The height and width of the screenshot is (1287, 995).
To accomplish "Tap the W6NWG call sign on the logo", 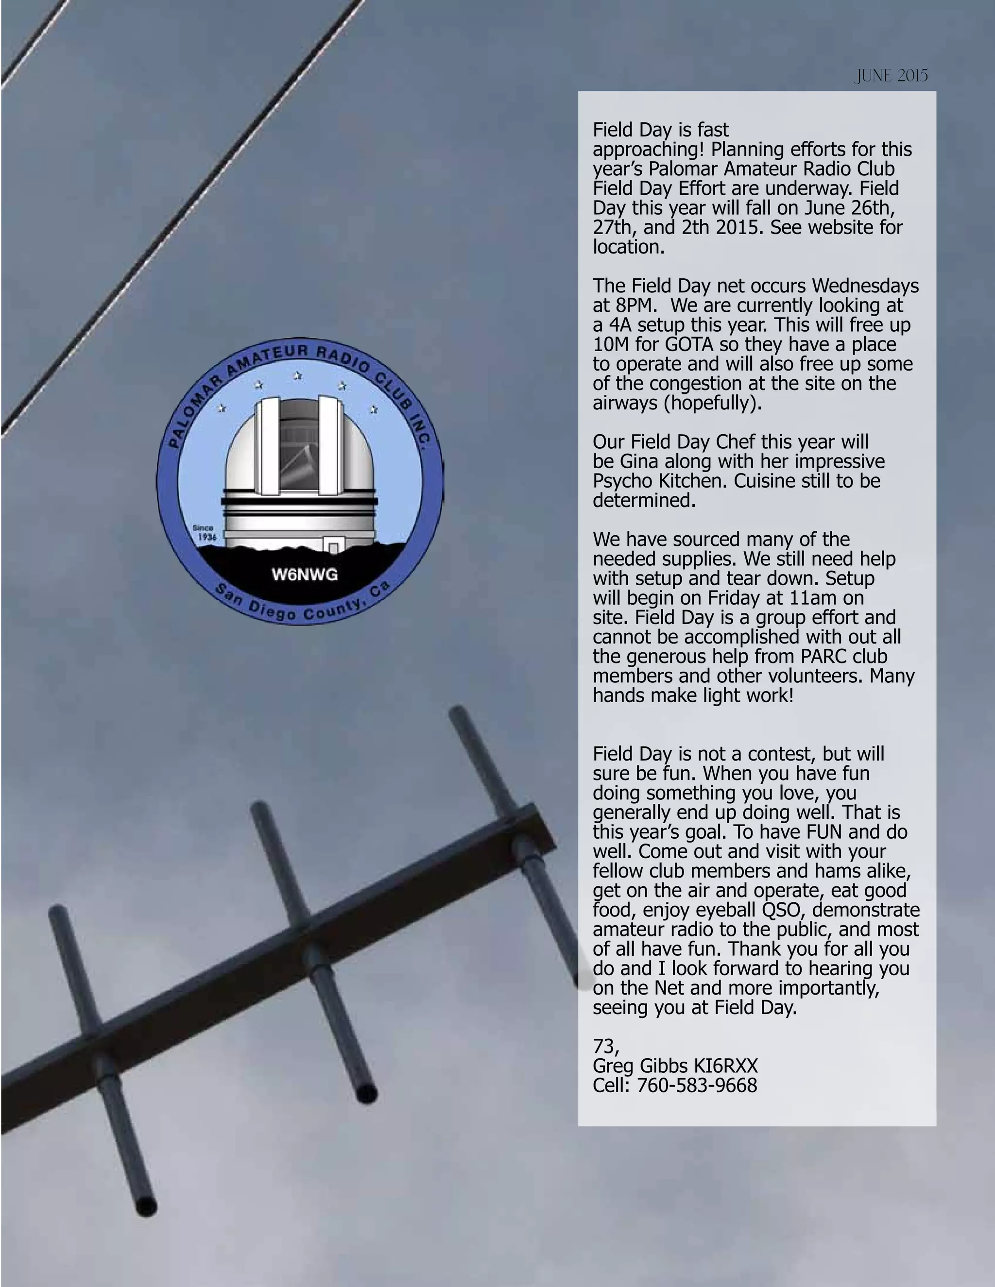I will click(305, 575).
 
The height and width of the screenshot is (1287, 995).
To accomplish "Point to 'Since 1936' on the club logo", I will click(205, 533).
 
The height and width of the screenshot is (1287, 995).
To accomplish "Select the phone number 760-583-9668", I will click(697, 1085).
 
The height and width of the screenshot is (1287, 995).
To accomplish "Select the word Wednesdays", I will click(865, 286).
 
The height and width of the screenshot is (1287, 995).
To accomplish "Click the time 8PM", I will click(630, 305).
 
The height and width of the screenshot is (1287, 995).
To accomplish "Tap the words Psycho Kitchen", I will click(661, 481).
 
